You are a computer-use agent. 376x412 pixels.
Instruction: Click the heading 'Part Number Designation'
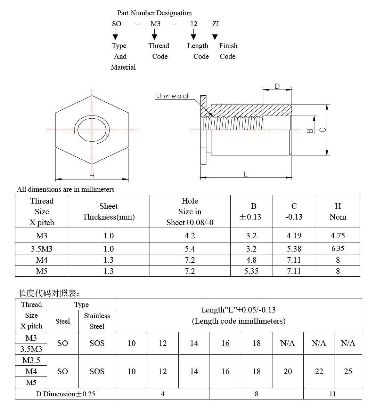point(154,13)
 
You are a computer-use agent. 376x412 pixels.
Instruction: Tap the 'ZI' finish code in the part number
point(215,24)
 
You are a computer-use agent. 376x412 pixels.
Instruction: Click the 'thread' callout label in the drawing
point(171,96)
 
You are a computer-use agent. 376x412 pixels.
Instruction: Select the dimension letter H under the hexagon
point(92,176)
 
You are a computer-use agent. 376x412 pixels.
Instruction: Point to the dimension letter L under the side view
point(246,174)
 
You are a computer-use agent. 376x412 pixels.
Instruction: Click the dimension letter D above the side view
point(277,86)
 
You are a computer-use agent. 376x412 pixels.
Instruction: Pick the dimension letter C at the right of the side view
point(323,130)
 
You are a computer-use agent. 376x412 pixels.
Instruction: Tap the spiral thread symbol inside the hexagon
point(92,131)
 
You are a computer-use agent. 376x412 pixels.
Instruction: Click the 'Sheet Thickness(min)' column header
point(108,212)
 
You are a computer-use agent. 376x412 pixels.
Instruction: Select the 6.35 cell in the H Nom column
point(337,248)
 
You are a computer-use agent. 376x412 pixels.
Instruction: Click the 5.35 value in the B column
point(251,271)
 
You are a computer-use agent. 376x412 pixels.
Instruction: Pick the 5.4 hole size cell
point(190,249)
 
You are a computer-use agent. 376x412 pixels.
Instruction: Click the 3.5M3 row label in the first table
point(41,249)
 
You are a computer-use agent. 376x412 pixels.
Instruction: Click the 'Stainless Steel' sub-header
point(97,321)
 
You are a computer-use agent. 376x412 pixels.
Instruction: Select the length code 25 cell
point(348,371)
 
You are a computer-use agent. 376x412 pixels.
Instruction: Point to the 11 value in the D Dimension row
point(332,394)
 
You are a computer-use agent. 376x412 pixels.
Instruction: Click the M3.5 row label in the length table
point(31,360)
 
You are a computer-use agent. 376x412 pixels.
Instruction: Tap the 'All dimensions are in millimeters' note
point(66,189)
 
